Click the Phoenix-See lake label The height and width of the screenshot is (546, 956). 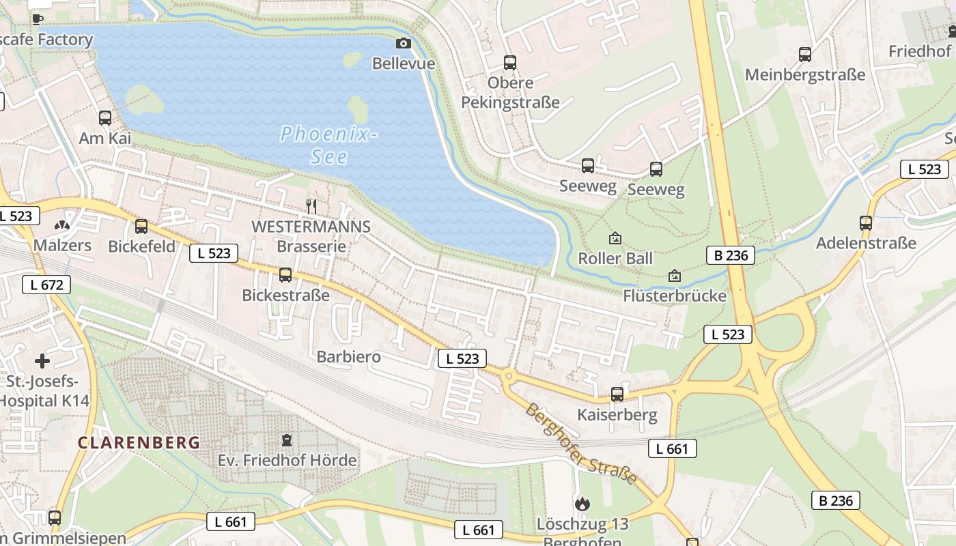pos(328,145)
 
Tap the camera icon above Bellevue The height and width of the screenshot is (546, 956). pos(404,43)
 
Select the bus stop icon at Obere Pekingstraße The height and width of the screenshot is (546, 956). pos(510,63)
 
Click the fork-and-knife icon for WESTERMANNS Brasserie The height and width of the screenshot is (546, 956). pos(311,205)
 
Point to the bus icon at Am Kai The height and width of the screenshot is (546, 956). pos(105,117)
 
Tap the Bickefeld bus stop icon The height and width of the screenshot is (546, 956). pos(141,226)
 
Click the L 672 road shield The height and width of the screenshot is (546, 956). pos(46,285)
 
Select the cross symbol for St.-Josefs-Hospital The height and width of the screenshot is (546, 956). pos(42,360)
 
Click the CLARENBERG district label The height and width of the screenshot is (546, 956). pos(139,442)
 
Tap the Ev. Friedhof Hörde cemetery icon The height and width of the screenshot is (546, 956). pos(287,440)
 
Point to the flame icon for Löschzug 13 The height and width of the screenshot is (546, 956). pos(582,504)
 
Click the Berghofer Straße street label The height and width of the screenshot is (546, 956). pos(581,444)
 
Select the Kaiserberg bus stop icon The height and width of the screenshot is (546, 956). pos(617,394)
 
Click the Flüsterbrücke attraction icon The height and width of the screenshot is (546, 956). pos(675,276)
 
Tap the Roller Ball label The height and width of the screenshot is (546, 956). pos(615,259)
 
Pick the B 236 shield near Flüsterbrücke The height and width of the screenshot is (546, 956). pos(731,256)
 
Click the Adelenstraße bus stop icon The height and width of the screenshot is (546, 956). pos(866,222)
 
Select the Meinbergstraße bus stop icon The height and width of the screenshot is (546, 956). pos(805,54)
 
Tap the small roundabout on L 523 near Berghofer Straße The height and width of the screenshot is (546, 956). pos(508,375)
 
